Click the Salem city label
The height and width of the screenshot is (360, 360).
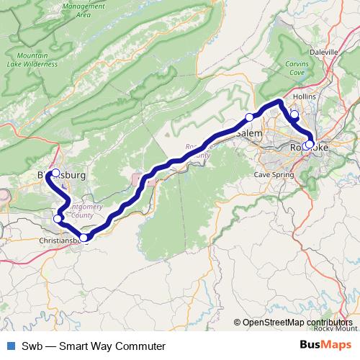(249, 134)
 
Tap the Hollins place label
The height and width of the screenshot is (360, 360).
(305, 96)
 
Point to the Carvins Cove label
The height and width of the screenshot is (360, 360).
(297, 68)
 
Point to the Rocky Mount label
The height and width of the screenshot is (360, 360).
(335, 328)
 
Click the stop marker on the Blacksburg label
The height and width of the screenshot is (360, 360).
(56, 173)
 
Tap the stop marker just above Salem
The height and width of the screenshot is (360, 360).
(249, 117)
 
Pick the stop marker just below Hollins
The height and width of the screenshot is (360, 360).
(294, 114)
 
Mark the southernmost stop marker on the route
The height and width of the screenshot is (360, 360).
(84, 238)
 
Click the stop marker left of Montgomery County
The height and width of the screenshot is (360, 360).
(58, 218)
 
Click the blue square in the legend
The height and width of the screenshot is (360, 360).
(11, 346)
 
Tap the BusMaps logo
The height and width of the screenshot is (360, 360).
(326, 346)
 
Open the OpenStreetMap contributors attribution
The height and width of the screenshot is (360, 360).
(297, 322)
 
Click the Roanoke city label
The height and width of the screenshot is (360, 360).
(310, 148)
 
